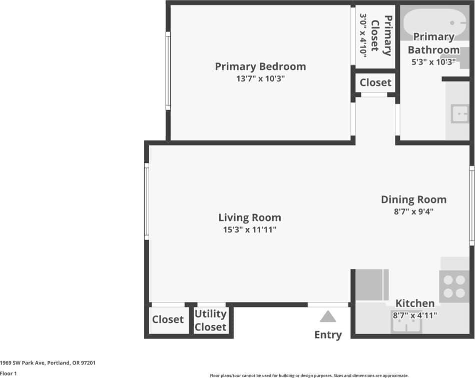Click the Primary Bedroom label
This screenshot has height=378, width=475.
point(260,66)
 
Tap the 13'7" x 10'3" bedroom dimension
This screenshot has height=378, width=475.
point(260,79)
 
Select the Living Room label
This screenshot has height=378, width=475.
point(250,217)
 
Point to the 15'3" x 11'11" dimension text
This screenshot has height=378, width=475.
point(250,230)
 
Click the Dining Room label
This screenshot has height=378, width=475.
point(413,199)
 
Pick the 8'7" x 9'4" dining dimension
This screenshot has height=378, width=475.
point(413,211)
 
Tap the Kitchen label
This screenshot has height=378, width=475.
point(415,303)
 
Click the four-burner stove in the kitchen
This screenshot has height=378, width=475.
point(454,286)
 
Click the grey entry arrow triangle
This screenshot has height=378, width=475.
point(328,316)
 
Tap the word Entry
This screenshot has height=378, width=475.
point(328,335)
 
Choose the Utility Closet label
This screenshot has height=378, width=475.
point(211,320)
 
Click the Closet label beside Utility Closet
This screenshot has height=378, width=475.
point(168,319)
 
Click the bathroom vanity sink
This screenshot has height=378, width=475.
point(459,113)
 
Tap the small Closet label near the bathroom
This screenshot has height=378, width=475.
point(375,82)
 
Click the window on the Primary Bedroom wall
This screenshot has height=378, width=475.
point(168,70)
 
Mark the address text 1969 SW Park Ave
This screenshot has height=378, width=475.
point(48,363)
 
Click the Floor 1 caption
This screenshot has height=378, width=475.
point(9,373)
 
